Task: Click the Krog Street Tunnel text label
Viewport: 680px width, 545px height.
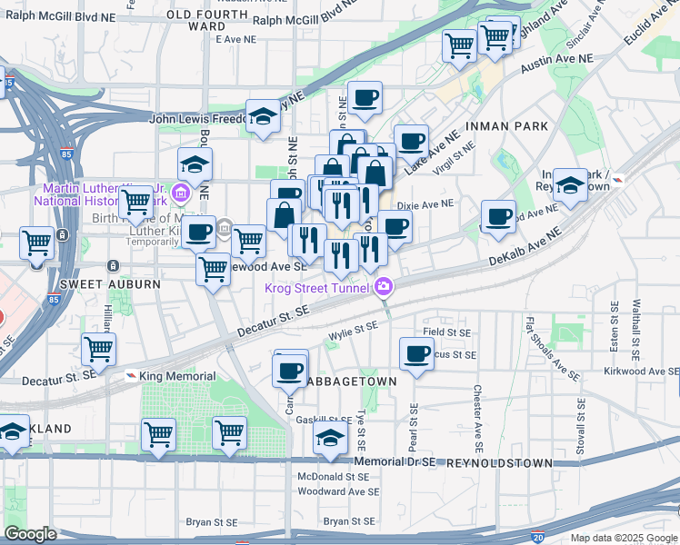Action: click(x=317, y=289)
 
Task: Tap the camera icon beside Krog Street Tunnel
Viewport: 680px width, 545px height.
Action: click(x=384, y=288)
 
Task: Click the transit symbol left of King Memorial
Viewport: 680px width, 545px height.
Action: click(x=132, y=376)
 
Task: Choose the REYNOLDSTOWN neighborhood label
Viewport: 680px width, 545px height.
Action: click(x=499, y=462)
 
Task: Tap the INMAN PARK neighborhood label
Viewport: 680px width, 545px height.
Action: click(x=505, y=124)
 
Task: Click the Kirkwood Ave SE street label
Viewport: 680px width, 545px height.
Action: click(x=641, y=372)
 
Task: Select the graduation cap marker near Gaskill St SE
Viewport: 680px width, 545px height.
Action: click(x=330, y=438)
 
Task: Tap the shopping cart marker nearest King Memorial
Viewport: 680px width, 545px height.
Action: click(x=98, y=348)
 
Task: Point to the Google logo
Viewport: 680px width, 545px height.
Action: click(x=30, y=534)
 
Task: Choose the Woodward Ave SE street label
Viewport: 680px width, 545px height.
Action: click(x=338, y=491)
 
